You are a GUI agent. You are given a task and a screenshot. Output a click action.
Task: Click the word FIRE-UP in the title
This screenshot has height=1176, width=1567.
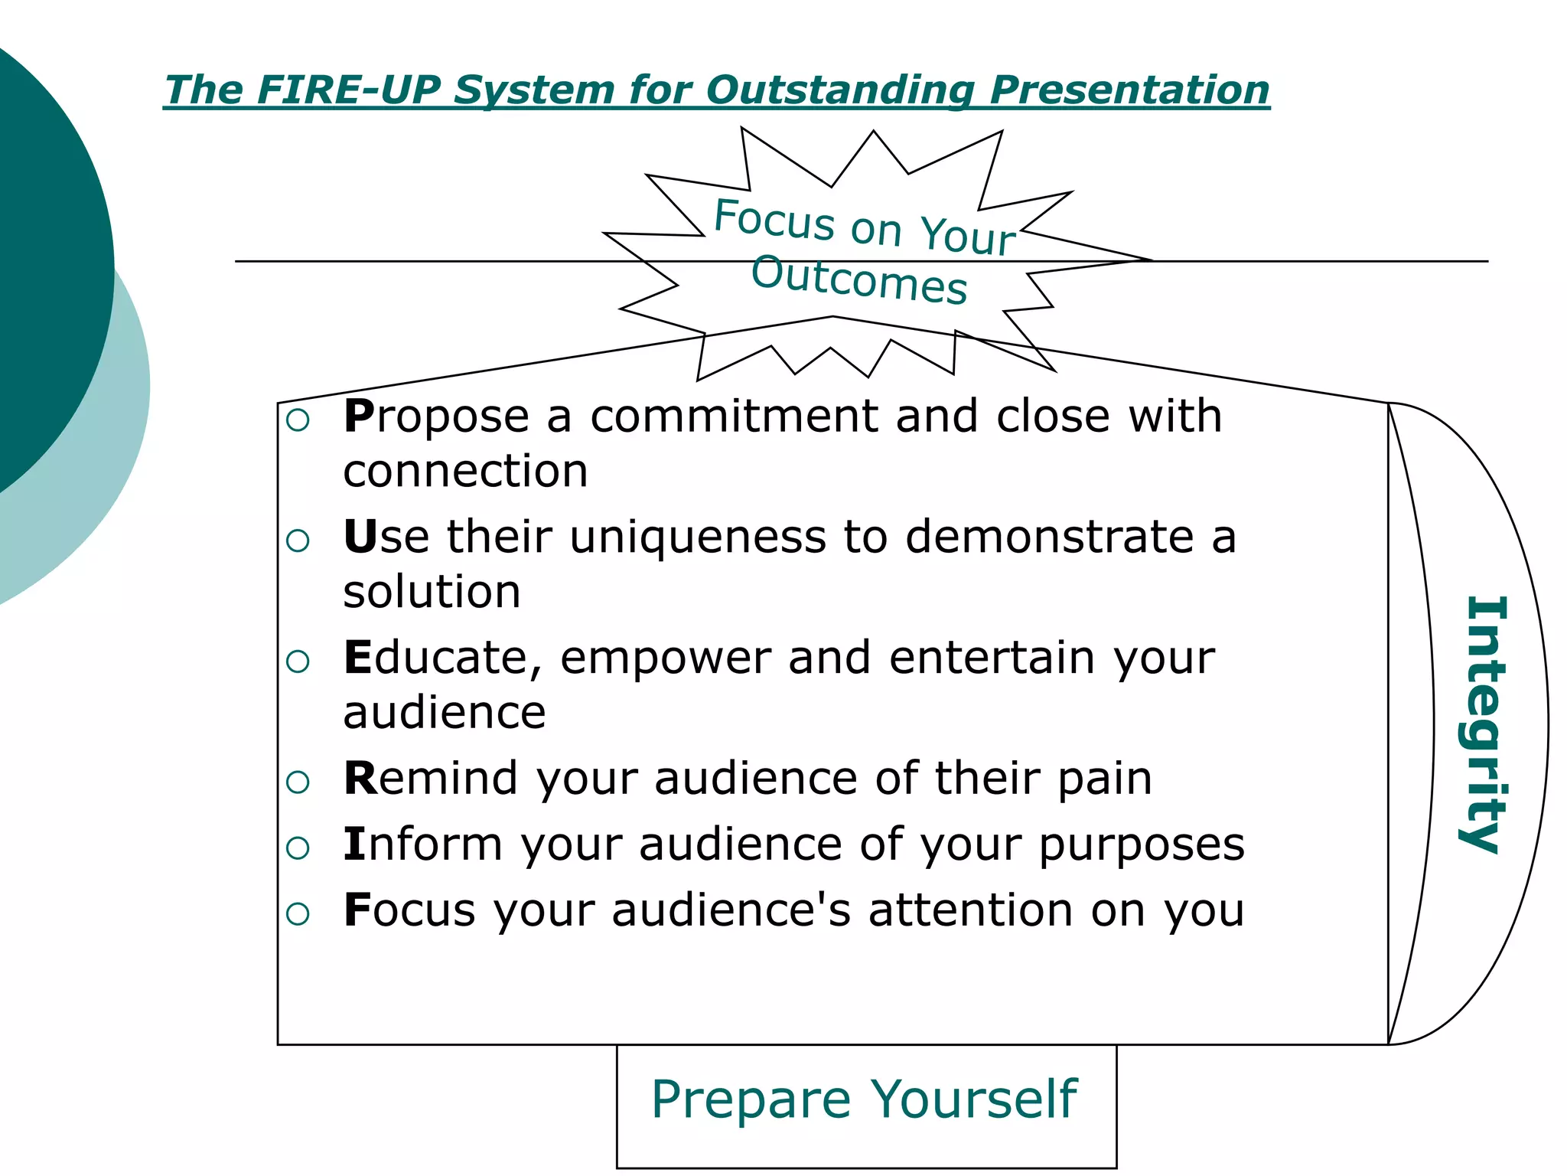349,90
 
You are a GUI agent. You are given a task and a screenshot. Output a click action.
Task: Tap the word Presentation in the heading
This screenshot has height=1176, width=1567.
1129,90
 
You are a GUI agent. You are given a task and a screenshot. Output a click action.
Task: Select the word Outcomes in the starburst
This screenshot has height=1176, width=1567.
859,280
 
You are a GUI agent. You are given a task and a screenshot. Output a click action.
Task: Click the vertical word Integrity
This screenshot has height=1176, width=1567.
1485,724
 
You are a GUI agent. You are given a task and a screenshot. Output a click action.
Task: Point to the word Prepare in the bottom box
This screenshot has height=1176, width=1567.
751,1099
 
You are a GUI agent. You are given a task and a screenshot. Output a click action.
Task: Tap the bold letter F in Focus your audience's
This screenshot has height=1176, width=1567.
356,910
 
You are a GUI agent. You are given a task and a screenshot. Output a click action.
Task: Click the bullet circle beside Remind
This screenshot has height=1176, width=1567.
298,782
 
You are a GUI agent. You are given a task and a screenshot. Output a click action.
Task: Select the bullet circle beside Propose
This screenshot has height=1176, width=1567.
298,420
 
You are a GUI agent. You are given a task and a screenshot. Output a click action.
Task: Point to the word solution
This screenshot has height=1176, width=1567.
432,591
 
